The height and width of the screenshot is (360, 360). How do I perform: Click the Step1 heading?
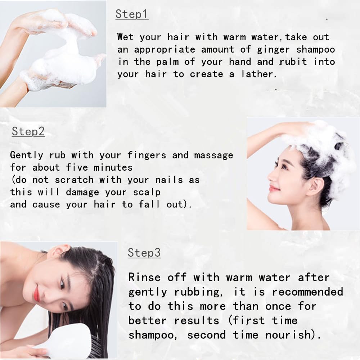[x=132, y=14]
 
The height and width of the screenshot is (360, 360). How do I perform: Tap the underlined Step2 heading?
[x=28, y=131]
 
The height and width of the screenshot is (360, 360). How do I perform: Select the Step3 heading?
[x=144, y=253]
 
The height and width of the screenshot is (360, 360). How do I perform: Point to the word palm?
[x=167, y=62]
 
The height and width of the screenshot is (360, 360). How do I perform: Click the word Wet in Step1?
[x=125, y=37]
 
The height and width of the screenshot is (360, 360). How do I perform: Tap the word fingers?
[x=147, y=155]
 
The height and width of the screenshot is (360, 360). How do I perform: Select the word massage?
[x=214, y=156]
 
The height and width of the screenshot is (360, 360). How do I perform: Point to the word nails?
[x=169, y=180]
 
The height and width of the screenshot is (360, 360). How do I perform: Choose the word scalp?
[x=147, y=192]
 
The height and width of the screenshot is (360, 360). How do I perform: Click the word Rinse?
[x=144, y=277]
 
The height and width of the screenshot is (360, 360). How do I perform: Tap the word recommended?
[x=308, y=292]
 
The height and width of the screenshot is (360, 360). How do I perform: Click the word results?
[x=197, y=321]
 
